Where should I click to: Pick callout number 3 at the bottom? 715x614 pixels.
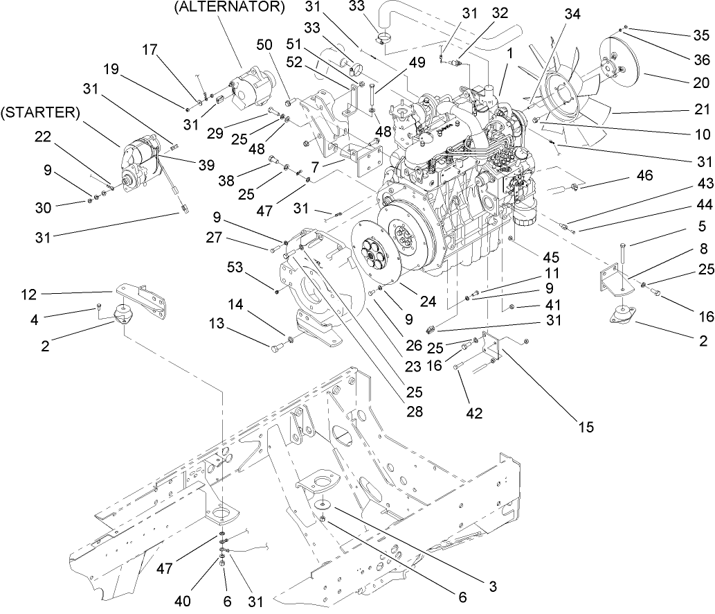(491, 587)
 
